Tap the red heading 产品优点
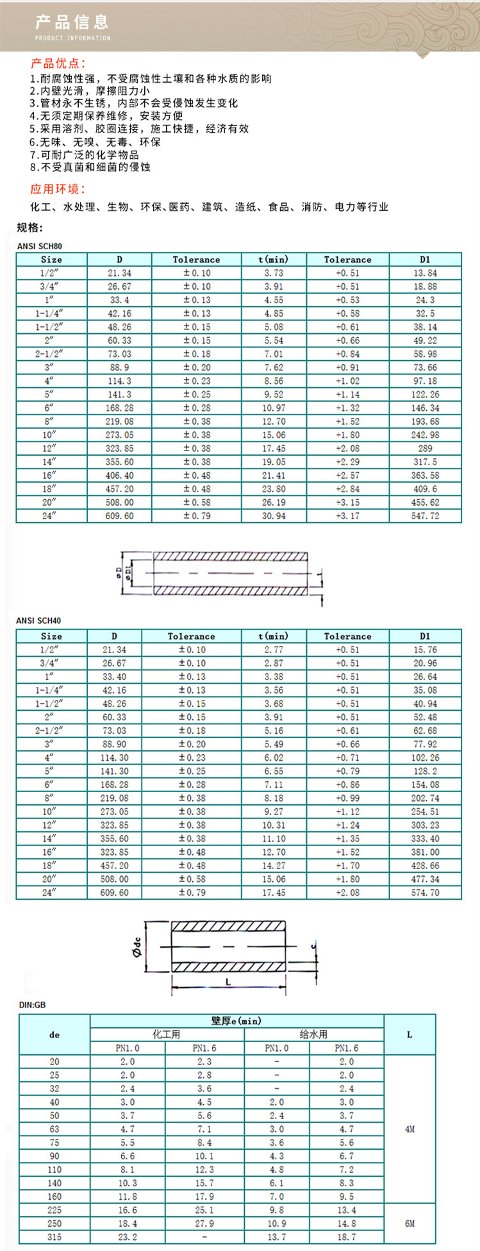pyautogui.click(x=58, y=63)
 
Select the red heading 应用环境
pyautogui.click(x=58, y=189)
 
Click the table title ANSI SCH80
pyautogui.click(x=39, y=246)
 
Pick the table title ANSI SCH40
pyautogui.click(x=39, y=620)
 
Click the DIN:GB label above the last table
pyautogui.click(x=33, y=1005)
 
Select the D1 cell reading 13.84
pyautogui.click(x=425, y=273)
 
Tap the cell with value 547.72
pyautogui.click(x=425, y=516)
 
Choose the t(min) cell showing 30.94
pyautogui.click(x=274, y=516)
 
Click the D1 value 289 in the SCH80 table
pyautogui.click(x=425, y=449)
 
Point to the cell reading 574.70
pyautogui.click(x=425, y=893)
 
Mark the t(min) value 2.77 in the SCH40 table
pyautogui.click(x=274, y=650)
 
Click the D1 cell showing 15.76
pyautogui.click(x=425, y=650)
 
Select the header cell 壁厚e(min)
pyautogui.click(x=236, y=1021)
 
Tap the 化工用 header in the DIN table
pyautogui.click(x=167, y=1034)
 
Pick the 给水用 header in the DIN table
pyautogui.click(x=313, y=1034)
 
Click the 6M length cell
pyautogui.click(x=410, y=1223)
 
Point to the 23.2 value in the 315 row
pyautogui.click(x=128, y=1237)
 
